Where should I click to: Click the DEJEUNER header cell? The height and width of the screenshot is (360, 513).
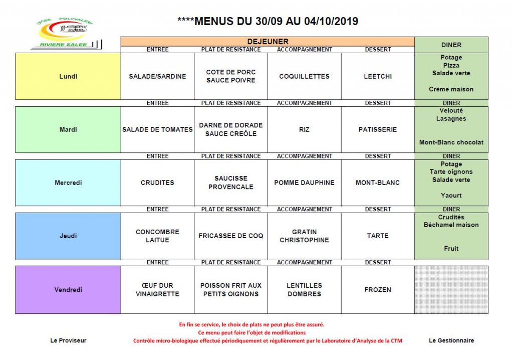pos(268,42)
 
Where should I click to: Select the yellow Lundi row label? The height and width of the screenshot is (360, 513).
pos(68,77)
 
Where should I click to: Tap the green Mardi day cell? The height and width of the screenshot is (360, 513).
pos(68,129)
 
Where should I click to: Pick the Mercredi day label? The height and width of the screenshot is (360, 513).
pos(68,183)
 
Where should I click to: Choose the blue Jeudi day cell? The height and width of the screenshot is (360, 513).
pos(68,236)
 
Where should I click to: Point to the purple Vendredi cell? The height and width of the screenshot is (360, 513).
pos(68,290)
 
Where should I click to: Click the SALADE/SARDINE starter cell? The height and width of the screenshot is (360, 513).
pos(157,77)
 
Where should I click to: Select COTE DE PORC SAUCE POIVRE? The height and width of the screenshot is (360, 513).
pos(231,76)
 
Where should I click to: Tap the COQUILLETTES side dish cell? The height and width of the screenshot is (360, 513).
pos(304,77)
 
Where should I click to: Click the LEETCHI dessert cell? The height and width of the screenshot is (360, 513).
pos(378,77)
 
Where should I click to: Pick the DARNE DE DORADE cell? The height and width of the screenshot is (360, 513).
pos(231,129)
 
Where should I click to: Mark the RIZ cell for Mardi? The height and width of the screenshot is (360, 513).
pos(304,129)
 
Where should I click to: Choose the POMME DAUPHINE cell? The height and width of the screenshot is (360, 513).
pos(304,183)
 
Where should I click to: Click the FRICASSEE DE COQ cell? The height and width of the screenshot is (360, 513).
pos(231,236)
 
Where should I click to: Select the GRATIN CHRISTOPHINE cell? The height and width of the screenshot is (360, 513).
pos(304,236)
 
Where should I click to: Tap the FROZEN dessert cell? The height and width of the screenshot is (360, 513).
pos(378,290)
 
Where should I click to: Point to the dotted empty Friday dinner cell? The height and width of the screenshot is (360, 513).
pos(451,290)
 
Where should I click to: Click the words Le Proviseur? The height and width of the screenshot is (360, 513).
pos(69,340)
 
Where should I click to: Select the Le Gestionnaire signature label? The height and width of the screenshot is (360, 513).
pos(451,340)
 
